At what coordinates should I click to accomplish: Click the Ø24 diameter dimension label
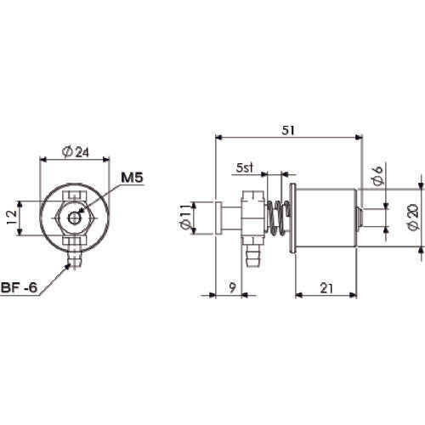pos(76,152)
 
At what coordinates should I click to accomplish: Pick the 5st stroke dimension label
pos(245,168)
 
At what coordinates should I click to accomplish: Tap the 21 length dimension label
pos(326,287)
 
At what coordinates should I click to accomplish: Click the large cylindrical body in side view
pos(326,218)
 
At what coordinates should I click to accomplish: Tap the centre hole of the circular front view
pos(76,218)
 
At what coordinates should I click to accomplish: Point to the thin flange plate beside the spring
pos(291,218)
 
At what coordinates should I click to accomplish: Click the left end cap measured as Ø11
pos(218,218)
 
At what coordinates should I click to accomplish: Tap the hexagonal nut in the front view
pos(76,223)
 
